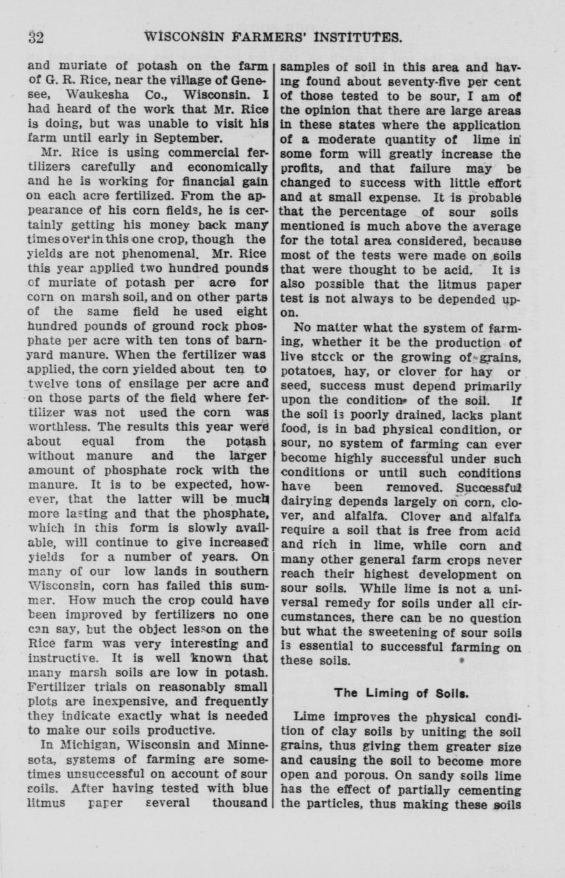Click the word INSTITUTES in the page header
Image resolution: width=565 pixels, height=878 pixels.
coord(354,38)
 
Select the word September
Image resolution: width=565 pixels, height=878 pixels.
coord(185,138)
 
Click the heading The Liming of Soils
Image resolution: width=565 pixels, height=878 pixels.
coord(401,693)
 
